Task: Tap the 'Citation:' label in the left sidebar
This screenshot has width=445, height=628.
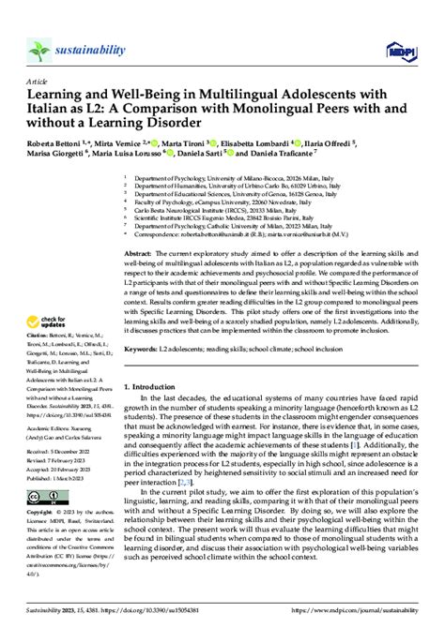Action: click(x=39, y=361)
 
